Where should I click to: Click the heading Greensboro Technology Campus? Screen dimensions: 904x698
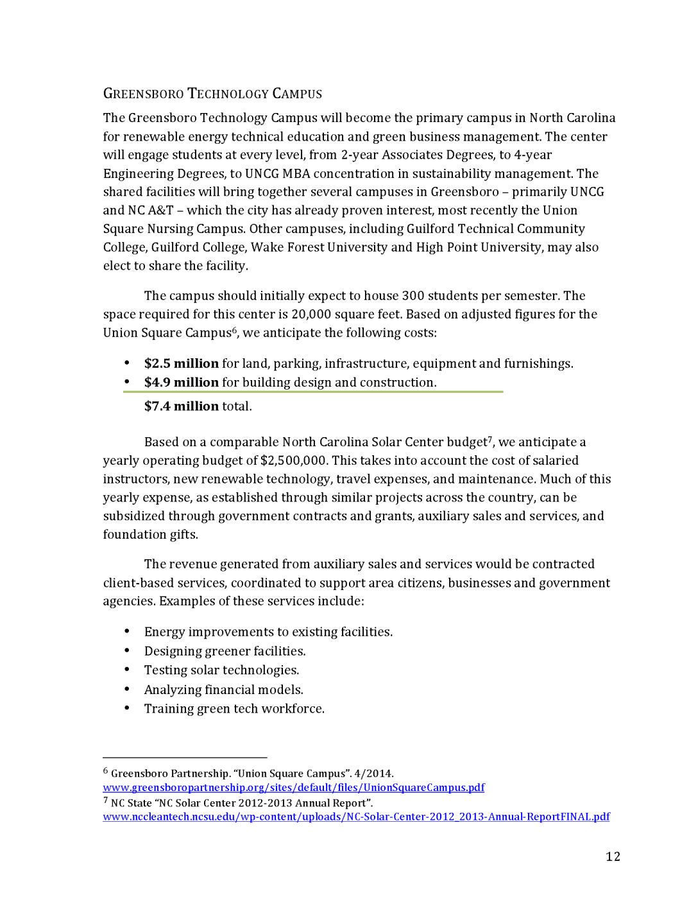pos(212,94)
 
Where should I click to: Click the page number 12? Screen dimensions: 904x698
pos(613,856)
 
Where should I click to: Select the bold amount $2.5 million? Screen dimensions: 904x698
pos(182,363)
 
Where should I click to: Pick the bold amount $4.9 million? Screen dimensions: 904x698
pos(182,383)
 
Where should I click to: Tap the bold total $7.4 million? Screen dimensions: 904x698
pos(182,406)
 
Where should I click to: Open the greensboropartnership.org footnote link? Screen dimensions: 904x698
pos(294,788)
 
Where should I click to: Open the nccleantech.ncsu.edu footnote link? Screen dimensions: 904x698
pos(356,817)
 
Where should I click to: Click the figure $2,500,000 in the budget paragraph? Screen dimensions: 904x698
pos(294,460)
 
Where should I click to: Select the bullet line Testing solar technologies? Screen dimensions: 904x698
pos(221,670)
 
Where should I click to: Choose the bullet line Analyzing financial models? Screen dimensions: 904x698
pos(223,690)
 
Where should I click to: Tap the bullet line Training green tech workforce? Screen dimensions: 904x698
pos(234,709)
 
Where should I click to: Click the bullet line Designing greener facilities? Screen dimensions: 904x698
pos(225,651)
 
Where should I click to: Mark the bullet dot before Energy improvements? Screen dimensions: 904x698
pos(127,632)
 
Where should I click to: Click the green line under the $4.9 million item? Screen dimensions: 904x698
pos(313,392)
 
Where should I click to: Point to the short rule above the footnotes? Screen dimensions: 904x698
pos(185,758)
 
